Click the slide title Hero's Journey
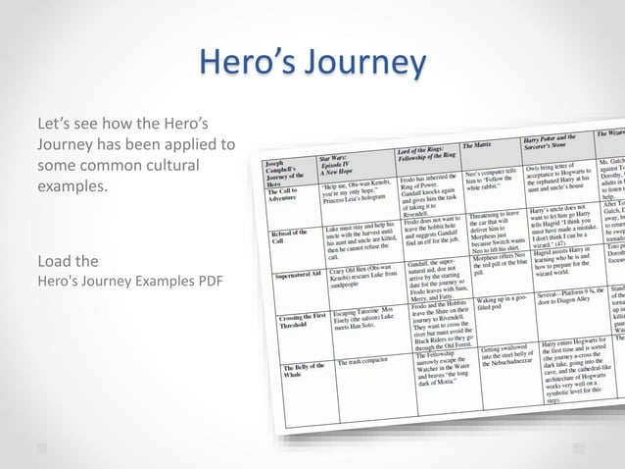(312, 63)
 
